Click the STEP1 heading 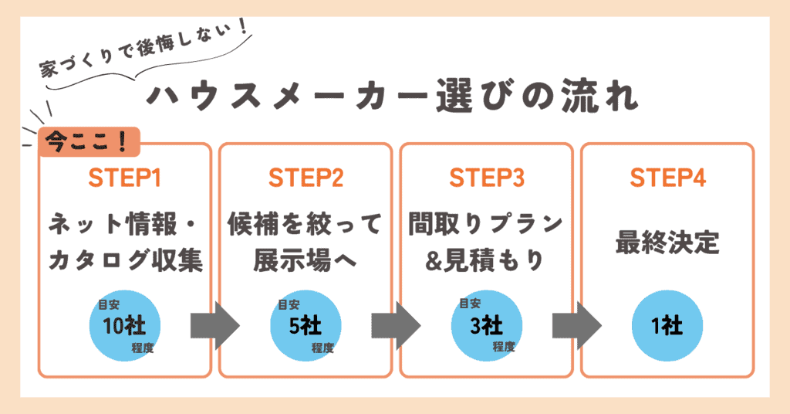[125, 178]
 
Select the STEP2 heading [306, 178]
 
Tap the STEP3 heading [486, 178]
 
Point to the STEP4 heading [667, 178]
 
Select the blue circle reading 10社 [125, 325]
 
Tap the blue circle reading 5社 [305, 325]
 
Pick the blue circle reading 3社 [486, 325]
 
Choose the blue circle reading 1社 [667, 325]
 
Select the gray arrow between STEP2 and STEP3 [395, 325]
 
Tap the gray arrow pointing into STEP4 [576, 325]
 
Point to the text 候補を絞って [306, 225]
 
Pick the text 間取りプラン [486, 225]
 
